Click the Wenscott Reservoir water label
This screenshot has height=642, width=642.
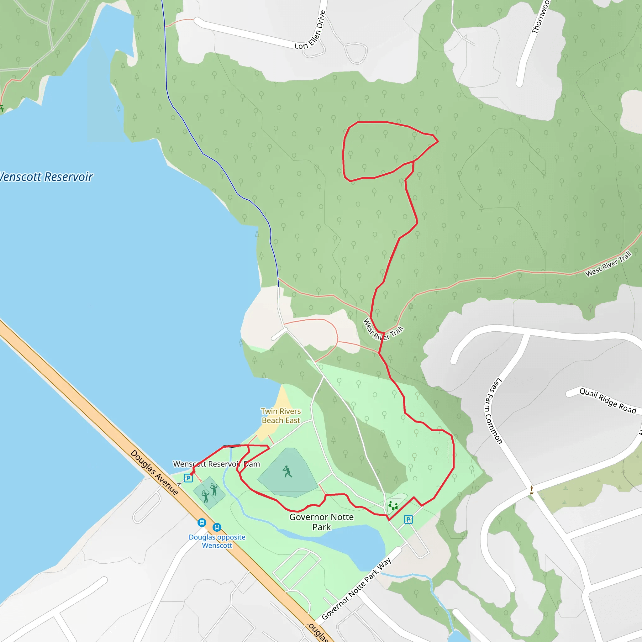(46, 177)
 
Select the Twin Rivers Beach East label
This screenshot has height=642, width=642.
(281, 416)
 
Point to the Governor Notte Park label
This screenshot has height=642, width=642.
(321, 522)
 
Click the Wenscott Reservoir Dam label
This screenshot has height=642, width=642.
(216, 464)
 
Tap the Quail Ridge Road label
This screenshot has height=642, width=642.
(608, 401)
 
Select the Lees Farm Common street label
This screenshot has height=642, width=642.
(493, 411)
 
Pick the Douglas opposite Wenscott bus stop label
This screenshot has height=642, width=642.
(217, 541)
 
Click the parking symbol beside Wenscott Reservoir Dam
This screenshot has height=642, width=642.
(188, 478)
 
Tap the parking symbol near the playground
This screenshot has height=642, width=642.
(408, 519)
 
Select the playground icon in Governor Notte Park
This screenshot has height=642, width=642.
(393, 506)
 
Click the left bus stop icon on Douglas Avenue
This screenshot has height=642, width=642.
(202, 523)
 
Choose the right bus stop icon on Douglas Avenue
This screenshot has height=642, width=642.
(217, 527)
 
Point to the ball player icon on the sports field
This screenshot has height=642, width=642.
(287, 471)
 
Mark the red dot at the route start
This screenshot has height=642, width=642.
(192, 474)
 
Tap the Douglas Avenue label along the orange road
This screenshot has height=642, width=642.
(154, 472)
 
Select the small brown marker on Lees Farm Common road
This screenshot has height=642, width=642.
(532, 490)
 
